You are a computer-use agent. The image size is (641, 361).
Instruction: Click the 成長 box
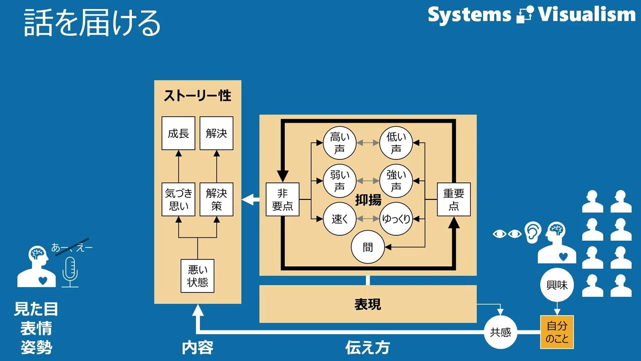point(178,133)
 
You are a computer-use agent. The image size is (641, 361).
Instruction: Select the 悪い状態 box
point(198,276)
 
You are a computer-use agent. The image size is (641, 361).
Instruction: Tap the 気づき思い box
point(178,199)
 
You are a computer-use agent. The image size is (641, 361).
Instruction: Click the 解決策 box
point(216,199)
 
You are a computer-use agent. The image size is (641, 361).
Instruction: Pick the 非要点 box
point(283,199)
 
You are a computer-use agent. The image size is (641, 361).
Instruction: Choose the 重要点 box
point(454,199)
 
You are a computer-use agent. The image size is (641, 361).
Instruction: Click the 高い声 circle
point(340,143)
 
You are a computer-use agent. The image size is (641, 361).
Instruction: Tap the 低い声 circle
point(396,143)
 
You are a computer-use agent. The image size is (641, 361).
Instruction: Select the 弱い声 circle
point(340,181)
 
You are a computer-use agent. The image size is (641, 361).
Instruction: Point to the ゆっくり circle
point(396,219)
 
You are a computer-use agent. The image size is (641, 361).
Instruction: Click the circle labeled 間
point(368,247)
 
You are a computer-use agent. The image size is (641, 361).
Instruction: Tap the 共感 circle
point(501,332)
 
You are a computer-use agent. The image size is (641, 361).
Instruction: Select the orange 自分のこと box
point(557,332)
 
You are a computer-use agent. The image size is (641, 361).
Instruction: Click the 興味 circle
point(557,285)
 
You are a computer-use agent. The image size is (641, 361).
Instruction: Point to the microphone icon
point(70,272)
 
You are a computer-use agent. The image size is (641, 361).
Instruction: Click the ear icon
point(533,233)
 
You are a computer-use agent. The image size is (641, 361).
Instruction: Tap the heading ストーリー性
point(198,96)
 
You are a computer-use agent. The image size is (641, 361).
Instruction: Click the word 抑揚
point(368,199)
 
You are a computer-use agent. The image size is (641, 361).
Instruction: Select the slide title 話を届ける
point(91,22)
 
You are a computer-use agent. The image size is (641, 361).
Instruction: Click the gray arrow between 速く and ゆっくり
point(368,219)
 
